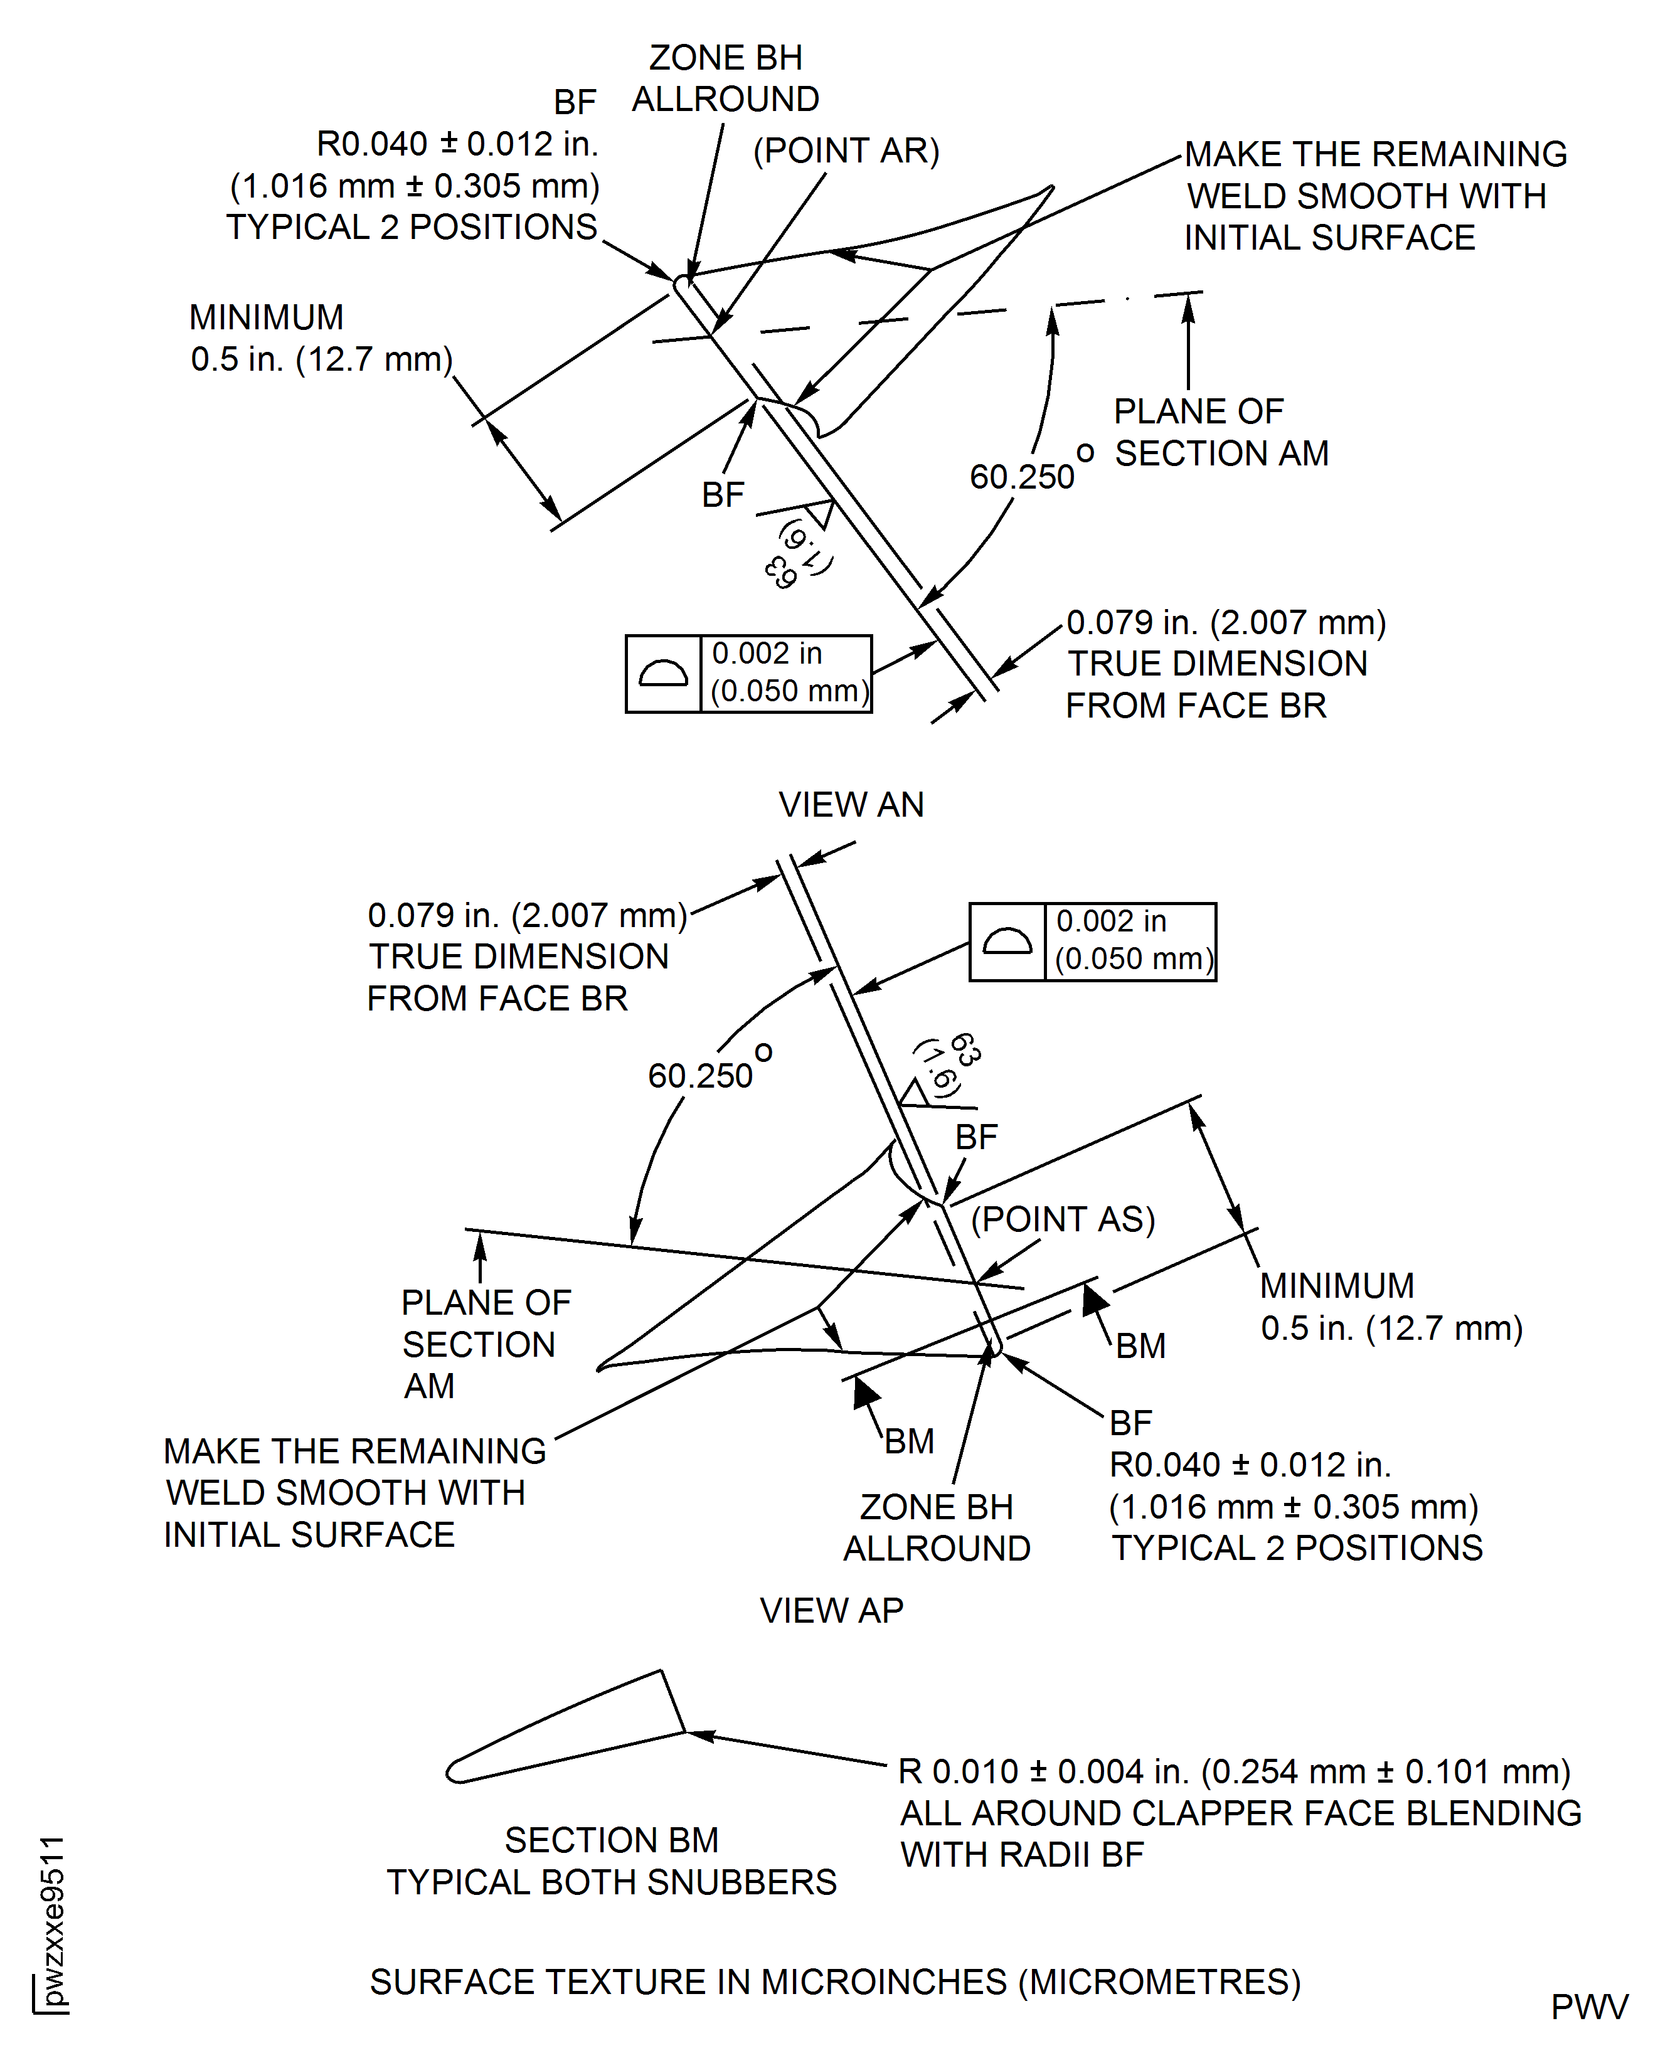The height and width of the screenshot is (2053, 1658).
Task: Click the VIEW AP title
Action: coord(831,1611)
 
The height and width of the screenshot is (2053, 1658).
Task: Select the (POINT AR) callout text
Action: coord(846,151)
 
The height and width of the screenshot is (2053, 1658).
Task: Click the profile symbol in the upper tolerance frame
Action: coord(663,674)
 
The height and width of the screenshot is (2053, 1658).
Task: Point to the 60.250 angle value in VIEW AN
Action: coord(1022,477)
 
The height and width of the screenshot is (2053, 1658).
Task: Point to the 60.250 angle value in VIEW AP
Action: coord(700,1076)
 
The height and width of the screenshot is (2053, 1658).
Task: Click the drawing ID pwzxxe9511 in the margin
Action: coord(53,1919)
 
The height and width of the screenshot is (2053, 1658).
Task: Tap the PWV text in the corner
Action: coord(1588,2007)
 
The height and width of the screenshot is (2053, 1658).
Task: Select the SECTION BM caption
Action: coord(611,1840)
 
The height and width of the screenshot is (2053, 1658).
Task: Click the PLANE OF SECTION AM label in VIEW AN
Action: coord(1221,433)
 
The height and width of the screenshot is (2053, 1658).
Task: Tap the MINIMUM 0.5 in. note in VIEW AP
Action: coord(1391,1307)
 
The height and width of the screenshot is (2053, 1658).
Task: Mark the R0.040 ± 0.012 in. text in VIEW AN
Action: coord(457,144)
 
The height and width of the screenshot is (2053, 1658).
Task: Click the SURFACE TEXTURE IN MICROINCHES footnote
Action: coord(835,1982)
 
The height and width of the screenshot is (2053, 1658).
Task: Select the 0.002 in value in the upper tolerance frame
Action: coord(767,654)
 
